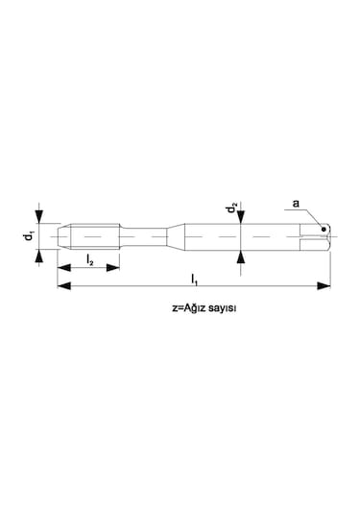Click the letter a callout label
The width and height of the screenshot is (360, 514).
296,204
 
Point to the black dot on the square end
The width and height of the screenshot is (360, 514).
324,228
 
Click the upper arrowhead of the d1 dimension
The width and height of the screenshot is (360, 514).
38,217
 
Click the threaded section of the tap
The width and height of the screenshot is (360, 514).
94,233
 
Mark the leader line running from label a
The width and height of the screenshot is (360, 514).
310,215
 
